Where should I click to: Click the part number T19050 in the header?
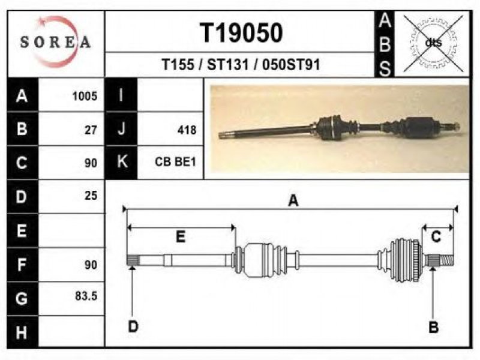click(241, 33)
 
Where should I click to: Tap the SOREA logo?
click(55, 42)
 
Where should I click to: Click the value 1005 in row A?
click(85, 96)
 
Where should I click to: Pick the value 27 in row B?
click(91, 130)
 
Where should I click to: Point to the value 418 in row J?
click(187, 130)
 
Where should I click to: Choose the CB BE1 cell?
click(175, 161)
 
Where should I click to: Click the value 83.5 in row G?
click(86, 296)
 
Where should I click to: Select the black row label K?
click(121, 162)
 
